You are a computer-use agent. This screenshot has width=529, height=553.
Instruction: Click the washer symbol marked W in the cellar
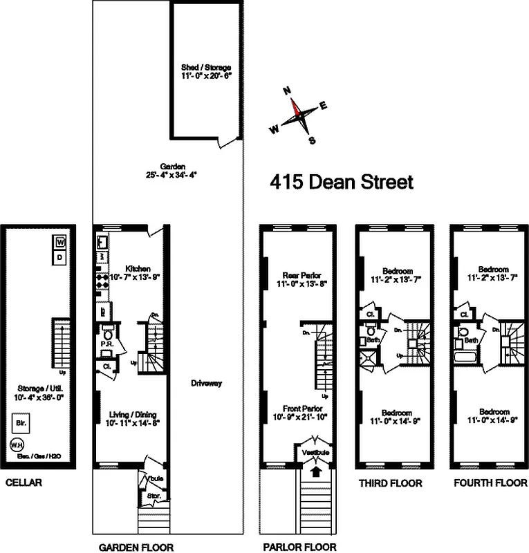[60, 243]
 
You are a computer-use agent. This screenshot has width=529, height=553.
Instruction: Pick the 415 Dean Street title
[341, 182]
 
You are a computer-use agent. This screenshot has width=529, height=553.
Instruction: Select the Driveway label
[207, 383]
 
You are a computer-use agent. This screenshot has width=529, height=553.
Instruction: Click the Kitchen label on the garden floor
[138, 268]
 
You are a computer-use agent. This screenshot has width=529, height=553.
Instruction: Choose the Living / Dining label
[131, 413]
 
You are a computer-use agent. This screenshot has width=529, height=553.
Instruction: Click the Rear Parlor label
[297, 274]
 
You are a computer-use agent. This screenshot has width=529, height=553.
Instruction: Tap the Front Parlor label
[298, 409]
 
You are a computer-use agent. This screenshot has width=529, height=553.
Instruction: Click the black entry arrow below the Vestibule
[317, 472]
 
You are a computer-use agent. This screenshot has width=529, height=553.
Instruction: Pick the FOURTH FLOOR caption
[490, 483]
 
